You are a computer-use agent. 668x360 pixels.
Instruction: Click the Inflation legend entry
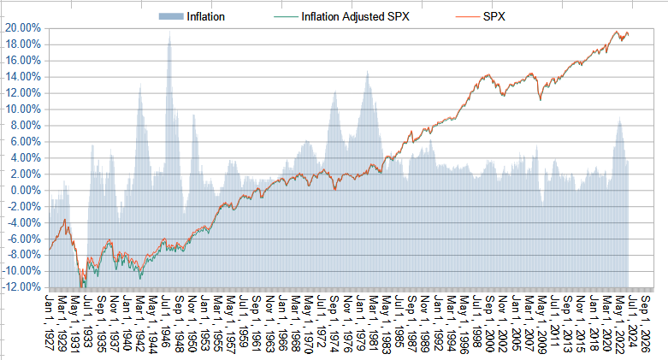[x=205, y=16]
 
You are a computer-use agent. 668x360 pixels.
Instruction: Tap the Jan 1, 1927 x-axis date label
[x=49, y=322]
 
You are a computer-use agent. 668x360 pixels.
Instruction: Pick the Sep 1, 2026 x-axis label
[x=645, y=322]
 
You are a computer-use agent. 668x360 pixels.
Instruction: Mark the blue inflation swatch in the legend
[x=169, y=16]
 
